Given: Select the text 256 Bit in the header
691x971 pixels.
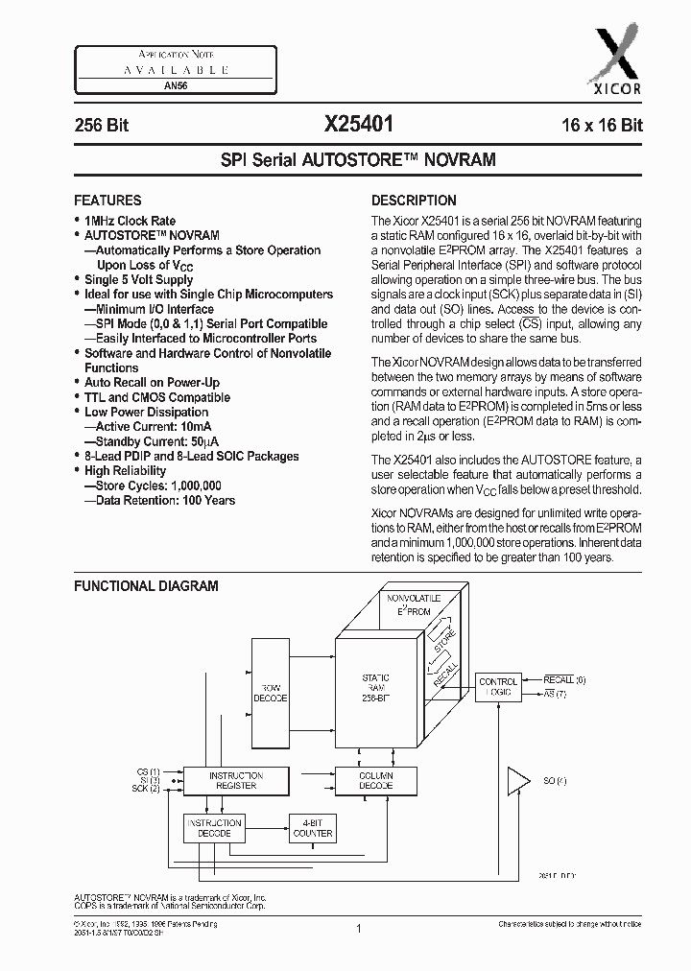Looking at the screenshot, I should pos(102,126).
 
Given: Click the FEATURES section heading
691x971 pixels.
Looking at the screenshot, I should pos(107,201).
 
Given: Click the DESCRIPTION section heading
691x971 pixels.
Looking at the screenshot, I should pos(414,201).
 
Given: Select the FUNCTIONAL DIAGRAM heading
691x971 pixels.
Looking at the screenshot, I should pos(146,585).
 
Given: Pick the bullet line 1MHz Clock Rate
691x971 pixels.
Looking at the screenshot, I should pos(130,221).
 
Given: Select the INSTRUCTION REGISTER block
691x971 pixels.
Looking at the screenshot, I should pos(235,780).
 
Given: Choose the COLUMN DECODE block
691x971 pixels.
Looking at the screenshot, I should pos(375,780).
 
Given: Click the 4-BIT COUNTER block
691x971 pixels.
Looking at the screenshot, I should pos(313,828).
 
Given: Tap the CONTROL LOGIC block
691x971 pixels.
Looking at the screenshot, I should pos(498,685).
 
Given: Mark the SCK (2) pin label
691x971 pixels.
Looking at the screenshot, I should pos(147,789).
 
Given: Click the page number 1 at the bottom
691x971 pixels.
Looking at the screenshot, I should pos(357,928).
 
